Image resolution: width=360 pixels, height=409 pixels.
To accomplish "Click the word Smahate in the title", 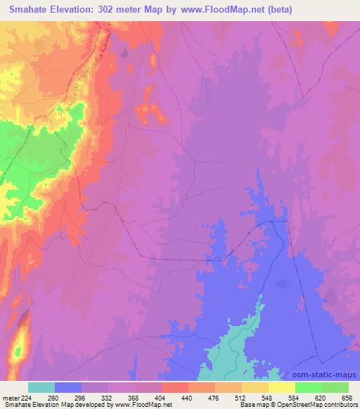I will [32, 10].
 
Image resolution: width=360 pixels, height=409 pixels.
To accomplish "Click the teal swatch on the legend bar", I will [41, 387].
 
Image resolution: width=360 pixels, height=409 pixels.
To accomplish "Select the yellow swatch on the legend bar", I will [281, 387].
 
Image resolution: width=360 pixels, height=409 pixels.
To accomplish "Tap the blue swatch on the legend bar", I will [68, 387].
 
